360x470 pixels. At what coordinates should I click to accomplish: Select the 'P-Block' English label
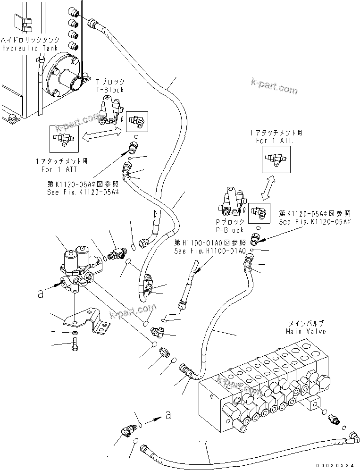pos(229,230)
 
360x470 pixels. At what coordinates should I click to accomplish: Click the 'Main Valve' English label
pos(306,331)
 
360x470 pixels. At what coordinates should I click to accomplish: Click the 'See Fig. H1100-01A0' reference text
pos(209,251)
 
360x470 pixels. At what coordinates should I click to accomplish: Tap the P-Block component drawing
pos(232,204)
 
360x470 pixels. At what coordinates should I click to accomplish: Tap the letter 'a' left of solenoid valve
pos(41,294)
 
